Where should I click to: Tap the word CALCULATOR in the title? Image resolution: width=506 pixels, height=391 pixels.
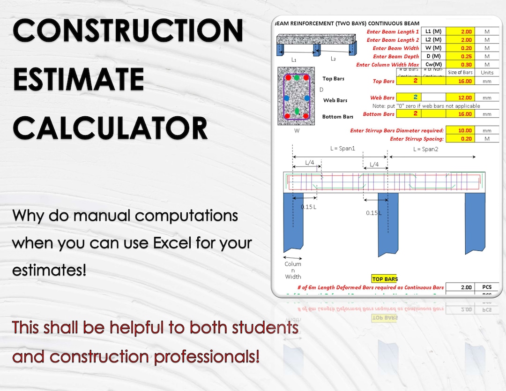[110, 128]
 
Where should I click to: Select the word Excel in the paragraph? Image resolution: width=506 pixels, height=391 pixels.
[172, 243]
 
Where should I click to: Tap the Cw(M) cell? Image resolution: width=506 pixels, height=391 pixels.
[433, 65]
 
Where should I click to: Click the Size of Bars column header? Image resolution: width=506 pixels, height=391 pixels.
[460, 72]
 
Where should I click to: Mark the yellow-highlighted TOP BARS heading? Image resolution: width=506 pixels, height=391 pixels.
[384, 279]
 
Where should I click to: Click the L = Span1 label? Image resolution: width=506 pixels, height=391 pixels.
[342, 148]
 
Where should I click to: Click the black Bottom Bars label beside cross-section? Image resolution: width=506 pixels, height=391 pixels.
[337, 116]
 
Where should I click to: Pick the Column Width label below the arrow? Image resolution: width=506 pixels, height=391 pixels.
[293, 270]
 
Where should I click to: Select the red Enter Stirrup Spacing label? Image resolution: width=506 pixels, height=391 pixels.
[417, 139]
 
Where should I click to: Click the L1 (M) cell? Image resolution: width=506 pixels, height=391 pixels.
[433, 31]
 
